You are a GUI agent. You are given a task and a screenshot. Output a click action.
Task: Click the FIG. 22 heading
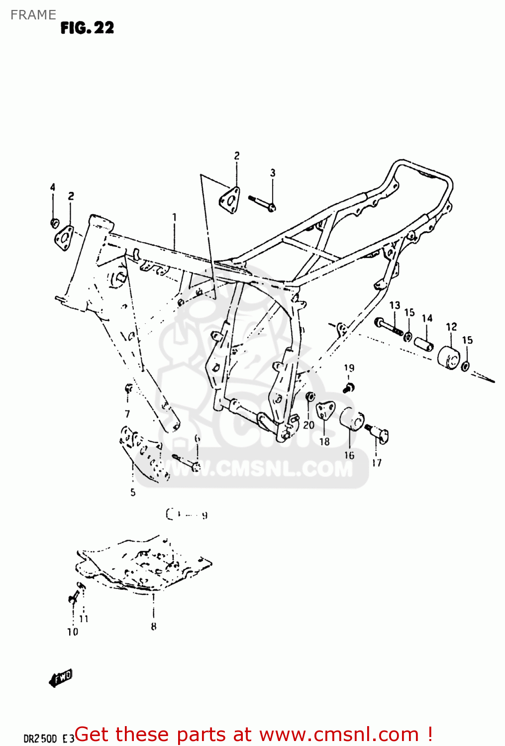(87, 28)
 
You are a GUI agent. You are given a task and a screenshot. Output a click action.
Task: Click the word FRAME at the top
(33, 15)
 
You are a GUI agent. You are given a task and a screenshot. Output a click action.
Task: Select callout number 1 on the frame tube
(174, 217)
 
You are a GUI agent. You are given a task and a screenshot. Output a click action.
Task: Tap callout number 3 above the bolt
(273, 173)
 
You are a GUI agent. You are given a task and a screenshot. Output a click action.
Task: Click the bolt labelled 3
(262, 203)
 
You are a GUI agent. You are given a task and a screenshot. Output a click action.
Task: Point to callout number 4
(52, 187)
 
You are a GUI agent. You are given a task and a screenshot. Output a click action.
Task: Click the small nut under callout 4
(55, 222)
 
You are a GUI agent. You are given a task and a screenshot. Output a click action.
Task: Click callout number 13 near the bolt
(395, 305)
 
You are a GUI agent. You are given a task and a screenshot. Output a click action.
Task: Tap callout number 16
(349, 455)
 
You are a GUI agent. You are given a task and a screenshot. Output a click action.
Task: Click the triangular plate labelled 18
(325, 411)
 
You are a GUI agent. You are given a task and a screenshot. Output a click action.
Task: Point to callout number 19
(349, 368)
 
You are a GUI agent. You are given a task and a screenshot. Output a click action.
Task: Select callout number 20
(308, 425)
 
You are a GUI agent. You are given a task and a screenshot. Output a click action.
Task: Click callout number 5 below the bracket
(133, 492)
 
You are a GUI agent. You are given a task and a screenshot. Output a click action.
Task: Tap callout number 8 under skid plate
(154, 627)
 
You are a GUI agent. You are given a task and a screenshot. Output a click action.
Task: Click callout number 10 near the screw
(73, 632)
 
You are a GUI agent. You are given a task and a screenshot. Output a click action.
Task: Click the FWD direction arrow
(61, 677)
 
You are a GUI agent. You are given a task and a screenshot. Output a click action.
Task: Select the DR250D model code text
(40, 738)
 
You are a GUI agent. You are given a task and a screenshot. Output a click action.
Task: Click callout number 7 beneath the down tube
(127, 414)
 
